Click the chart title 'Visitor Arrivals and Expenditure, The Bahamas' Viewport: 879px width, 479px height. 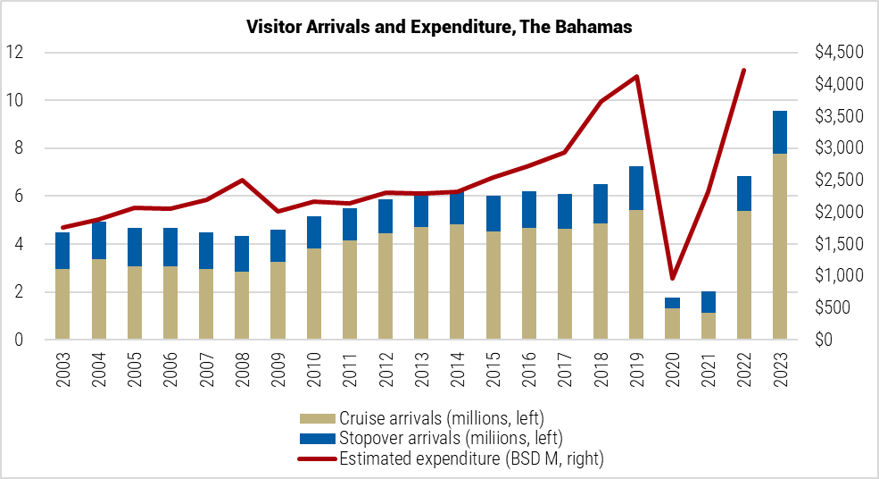439,28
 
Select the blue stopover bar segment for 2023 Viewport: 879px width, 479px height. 779,132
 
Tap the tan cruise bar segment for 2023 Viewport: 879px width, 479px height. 779,246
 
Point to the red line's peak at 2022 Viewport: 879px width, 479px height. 743,70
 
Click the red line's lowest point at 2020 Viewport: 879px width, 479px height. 672,279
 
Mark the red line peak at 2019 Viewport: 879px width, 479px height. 636,76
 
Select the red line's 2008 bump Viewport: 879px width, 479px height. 243,181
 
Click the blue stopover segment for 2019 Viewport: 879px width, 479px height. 636,188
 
